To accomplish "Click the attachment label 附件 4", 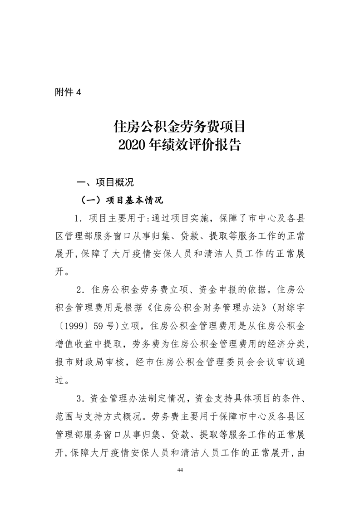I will point(68,92).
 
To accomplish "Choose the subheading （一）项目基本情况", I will point(121,200).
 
